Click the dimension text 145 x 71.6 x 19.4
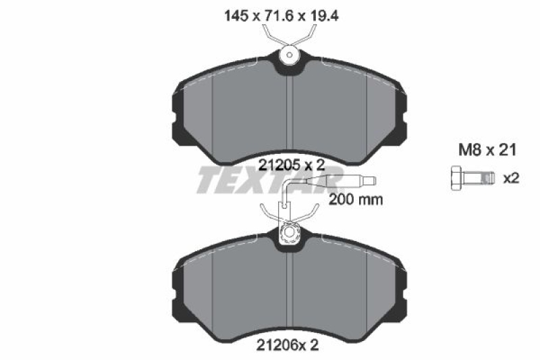click(281, 16)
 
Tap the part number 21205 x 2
click(292, 165)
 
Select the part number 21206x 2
click(288, 345)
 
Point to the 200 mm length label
click(356, 199)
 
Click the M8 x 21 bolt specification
click(487, 150)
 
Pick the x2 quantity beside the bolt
click(511, 178)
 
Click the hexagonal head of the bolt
click(457, 178)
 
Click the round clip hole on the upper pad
click(290, 55)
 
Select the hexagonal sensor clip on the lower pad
click(289, 233)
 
